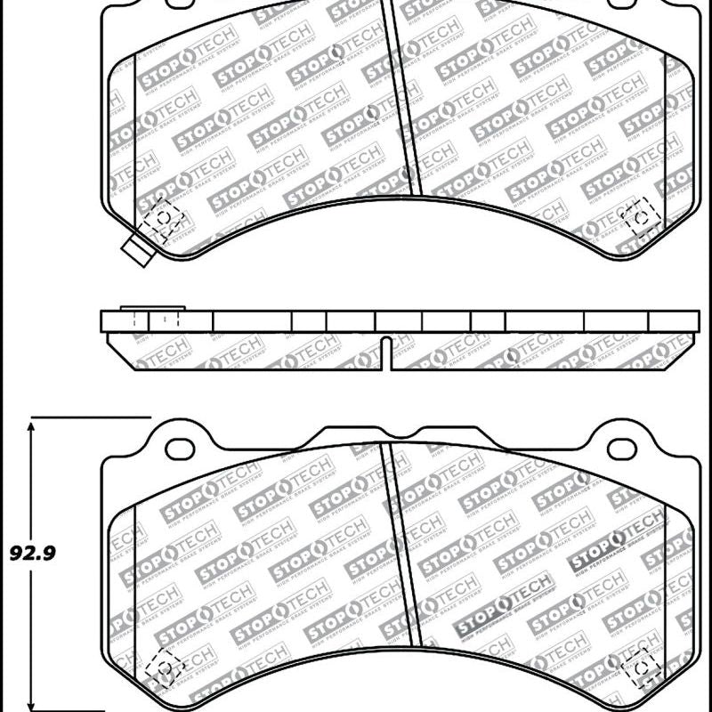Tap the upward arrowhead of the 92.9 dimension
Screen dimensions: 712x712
(x=32, y=427)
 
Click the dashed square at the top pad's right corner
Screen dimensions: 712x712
(x=638, y=216)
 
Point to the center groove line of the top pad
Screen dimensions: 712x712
(x=404, y=98)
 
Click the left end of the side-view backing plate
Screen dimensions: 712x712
(x=103, y=321)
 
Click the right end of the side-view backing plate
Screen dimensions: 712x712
(x=697, y=321)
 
